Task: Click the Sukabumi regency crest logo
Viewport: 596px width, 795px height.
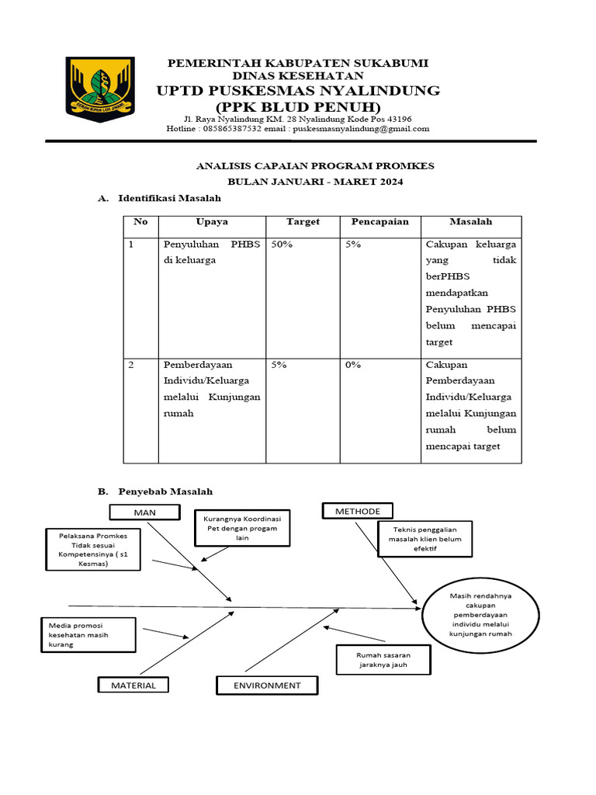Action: (x=99, y=85)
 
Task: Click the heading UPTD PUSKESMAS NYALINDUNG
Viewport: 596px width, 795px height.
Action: (x=298, y=91)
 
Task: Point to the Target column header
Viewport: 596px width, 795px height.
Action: (x=303, y=222)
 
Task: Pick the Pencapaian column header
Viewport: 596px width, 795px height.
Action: (x=379, y=222)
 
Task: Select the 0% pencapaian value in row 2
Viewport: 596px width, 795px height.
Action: (x=353, y=365)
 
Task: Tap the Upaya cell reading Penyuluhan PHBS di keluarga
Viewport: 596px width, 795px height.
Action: (x=212, y=252)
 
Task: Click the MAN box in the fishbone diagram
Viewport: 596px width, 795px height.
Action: (x=145, y=512)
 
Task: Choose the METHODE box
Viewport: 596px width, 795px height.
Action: (x=358, y=511)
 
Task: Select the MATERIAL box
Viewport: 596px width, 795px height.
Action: (x=133, y=685)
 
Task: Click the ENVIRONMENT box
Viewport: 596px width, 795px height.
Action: (x=257, y=685)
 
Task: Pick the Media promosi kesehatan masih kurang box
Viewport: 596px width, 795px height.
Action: (x=88, y=634)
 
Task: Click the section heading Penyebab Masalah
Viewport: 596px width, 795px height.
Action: (x=165, y=492)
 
